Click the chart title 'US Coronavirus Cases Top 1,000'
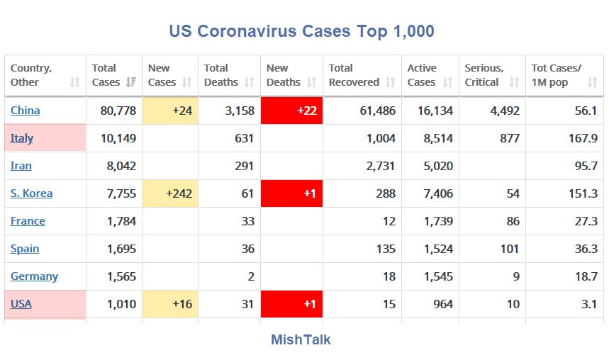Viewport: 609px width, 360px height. click(301, 31)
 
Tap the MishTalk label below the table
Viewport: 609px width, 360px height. click(301, 339)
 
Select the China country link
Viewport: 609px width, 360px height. click(26, 111)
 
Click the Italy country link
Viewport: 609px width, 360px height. click(22, 138)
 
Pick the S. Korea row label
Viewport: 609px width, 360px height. click(31, 193)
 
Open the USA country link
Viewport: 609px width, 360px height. click(21, 304)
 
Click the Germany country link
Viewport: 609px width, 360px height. click(34, 276)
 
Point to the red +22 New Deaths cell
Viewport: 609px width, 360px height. click(291, 111)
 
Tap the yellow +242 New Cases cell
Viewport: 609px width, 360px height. click(170, 193)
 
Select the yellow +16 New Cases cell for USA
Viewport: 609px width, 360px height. click(170, 304)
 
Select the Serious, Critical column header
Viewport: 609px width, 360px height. click(484, 75)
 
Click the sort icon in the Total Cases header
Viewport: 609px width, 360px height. click(130, 82)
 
